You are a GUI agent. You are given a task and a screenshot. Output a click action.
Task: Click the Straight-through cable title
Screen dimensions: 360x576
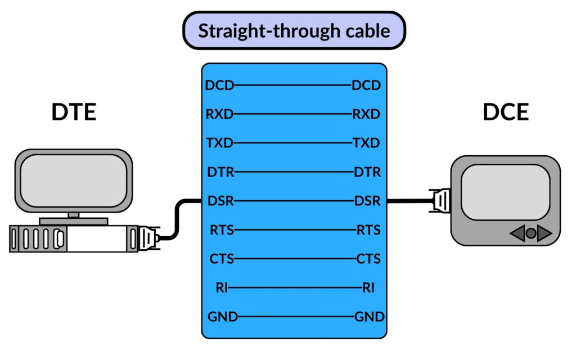pyautogui.click(x=294, y=30)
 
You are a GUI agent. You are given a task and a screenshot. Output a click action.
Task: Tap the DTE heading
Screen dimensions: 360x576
pyautogui.click(x=74, y=112)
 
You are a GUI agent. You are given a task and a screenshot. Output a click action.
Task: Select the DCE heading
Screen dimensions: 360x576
pyautogui.click(x=505, y=112)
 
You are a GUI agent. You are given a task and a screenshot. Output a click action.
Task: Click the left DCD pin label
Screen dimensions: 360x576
pyautogui.click(x=219, y=85)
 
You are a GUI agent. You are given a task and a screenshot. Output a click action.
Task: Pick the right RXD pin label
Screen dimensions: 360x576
pyautogui.click(x=366, y=114)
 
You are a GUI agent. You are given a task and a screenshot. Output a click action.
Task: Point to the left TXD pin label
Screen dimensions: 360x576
pyautogui.click(x=219, y=143)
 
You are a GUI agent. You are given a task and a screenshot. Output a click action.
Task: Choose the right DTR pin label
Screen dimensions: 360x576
pyautogui.click(x=367, y=172)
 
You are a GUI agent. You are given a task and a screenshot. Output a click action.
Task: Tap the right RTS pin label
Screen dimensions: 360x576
pyautogui.click(x=368, y=229)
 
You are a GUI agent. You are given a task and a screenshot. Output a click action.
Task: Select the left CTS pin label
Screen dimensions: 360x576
pyautogui.click(x=220, y=259)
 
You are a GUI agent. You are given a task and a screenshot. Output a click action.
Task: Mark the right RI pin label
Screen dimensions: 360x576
pyautogui.click(x=368, y=288)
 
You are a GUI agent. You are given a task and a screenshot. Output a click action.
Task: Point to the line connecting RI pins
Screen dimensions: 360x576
pyautogui.click(x=295, y=288)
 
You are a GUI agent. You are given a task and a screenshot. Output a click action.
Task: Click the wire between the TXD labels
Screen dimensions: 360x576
pyautogui.click(x=292, y=143)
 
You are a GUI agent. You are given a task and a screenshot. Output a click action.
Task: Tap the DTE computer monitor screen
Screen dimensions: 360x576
pyautogui.click(x=73, y=179)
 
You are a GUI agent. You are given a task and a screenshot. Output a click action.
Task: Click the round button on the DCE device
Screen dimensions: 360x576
pyautogui.click(x=530, y=233)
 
